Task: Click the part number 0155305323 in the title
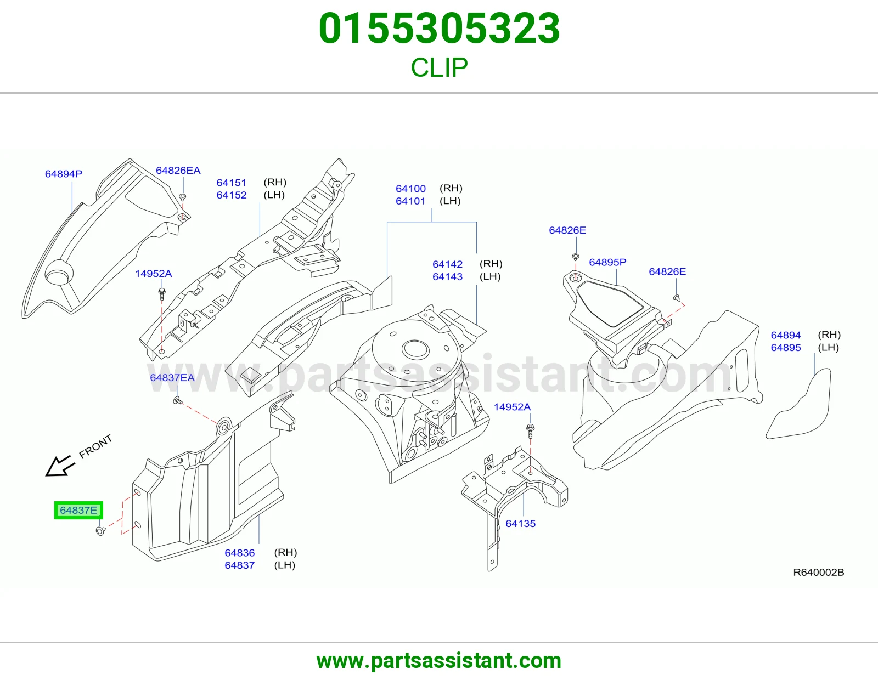pyautogui.click(x=439, y=29)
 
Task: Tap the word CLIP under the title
pyautogui.click(x=439, y=67)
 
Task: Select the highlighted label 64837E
pyautogui.click(x=78, y=511)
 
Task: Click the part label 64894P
pyautogui.click(x=64, y=174)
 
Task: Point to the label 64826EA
pyautogui.click(x=178, y=171)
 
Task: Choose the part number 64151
pyautogui.click(x=232, y=183)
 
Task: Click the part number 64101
pyautogui.click(x=410, y=201)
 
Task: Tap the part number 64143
pyautogui.click(x=447, y=276)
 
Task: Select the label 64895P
pyautogui.click(x=607, y=263)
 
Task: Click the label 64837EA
pyautogui.click(x=172, y=377)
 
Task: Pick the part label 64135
pyautogui.click(x=520, y=523)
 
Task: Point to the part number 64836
pyautogui.click(x=240, y=553)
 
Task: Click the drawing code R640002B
pyautogui.click(x=819, y=572)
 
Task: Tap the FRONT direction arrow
pyautogui.click(x=60, y=466)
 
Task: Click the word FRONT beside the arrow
pyautogui.click(x=95, y=446)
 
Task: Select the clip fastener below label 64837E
pyautogui.click(x=100, y=531)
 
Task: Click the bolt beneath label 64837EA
pyautogui.click(x=178, y=400)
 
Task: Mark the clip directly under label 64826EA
pyautogui.click(x=183, y=197)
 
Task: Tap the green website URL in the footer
pyautogui.click(x=439, y=661)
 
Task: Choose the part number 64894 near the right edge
pyautogui.click(x=785, y=335)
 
